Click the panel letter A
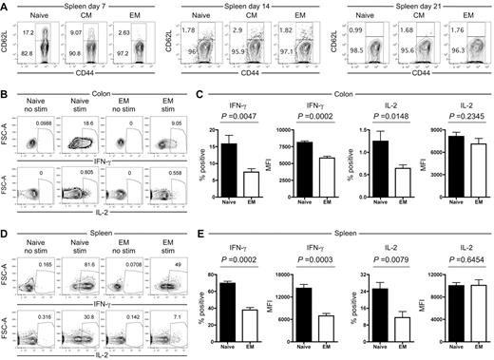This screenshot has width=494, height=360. click(5, 7)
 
